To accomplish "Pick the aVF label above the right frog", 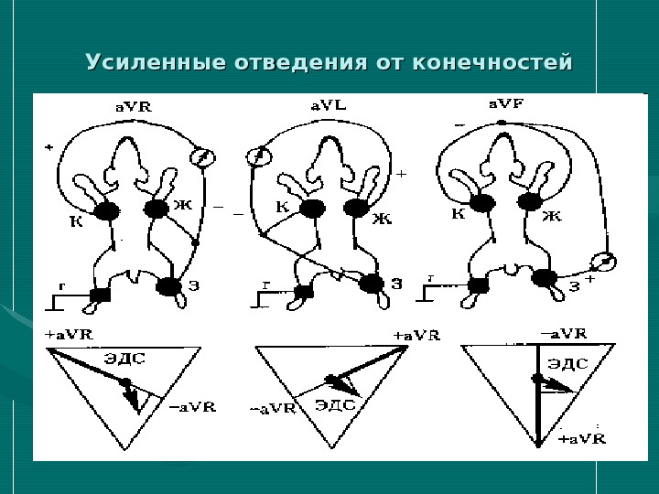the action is click(505, 105).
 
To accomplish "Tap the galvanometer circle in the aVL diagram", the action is click(261, 156).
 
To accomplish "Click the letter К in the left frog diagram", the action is click(75, 220).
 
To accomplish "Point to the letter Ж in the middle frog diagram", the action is click(383, 219).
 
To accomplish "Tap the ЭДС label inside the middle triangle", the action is click(334, 403).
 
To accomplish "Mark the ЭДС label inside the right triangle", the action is click(567, 363).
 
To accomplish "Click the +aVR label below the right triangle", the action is click(582, 440).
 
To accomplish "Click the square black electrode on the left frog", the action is click(99, 294).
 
